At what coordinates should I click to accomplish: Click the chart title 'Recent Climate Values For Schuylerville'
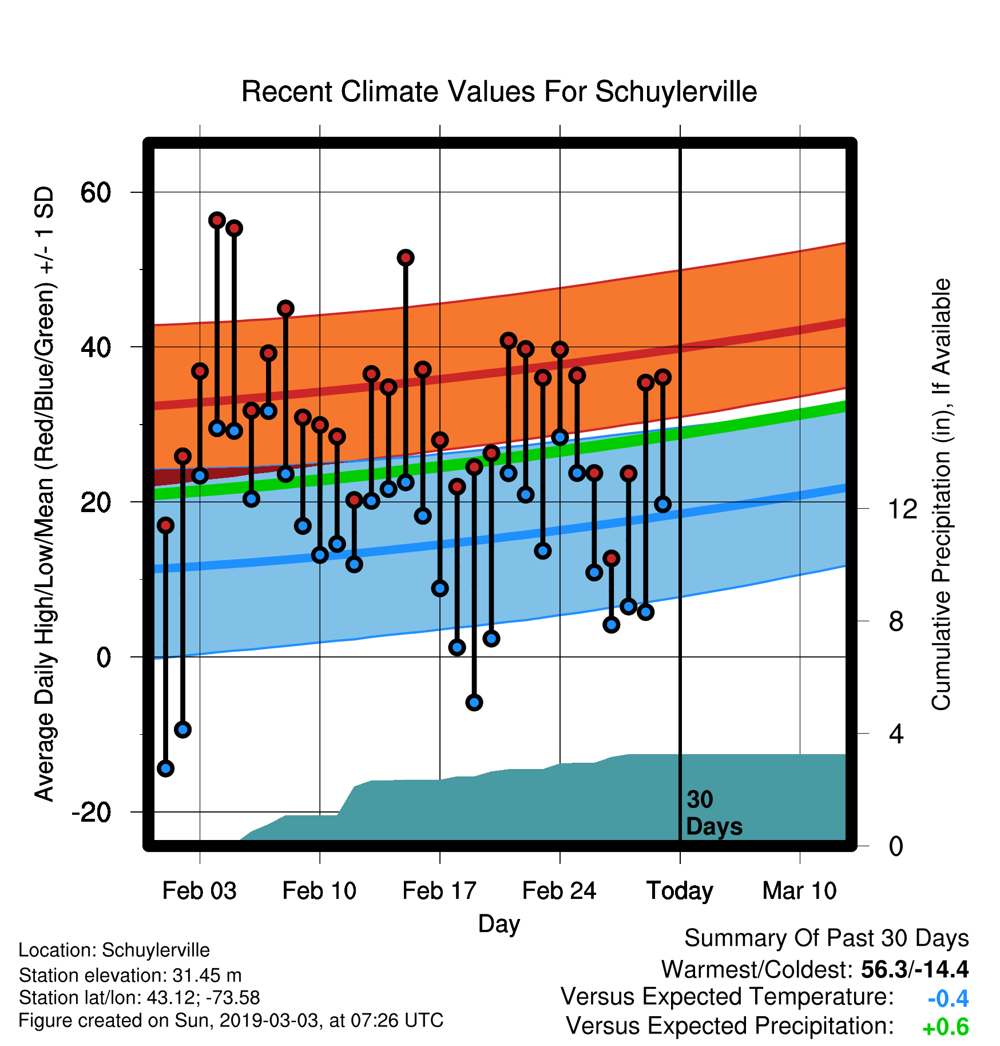[x=499, y=92]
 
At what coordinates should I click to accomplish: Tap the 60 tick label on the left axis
[x=96, y=193]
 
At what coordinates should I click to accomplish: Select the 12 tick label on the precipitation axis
[x=903, y=509]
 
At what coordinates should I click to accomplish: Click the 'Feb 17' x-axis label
[x=439, y=891]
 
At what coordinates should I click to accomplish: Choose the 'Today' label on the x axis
[x=680, y=892]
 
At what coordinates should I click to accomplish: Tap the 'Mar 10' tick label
[x=800, y=891]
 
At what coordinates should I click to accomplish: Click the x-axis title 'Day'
[x=499, y=924]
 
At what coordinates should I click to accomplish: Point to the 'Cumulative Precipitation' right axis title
[x=941, y=495]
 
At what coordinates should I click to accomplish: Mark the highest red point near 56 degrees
[x=217, y=220]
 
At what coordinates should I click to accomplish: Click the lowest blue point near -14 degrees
[x=166, y=768]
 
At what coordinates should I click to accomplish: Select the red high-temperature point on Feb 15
[x=406, y=258]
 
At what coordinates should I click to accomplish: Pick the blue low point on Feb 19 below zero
[x=474, y=702]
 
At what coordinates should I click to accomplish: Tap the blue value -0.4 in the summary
[x=948, y=999]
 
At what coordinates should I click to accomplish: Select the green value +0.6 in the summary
[x=946, y=1028]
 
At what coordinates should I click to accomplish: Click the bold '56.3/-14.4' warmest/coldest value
[x=915, y=969]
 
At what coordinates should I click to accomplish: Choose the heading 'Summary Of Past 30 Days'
[x=827, y=938]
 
